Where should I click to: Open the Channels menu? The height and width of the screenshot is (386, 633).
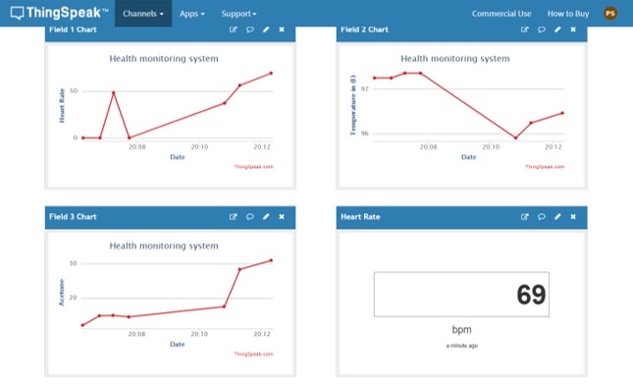pyautogui.click(x=142, y=14)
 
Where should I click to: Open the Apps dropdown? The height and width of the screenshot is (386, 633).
pyautogui.click(x=191, y=14)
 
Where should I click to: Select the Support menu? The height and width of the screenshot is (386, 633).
pyautogui.click(x=238, y=14)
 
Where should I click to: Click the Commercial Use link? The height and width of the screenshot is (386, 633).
pyautogui.click(x=501, y=14)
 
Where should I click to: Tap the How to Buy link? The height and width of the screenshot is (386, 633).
pyautogui.click(x=568, y=14)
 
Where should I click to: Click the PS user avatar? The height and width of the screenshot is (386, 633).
pyautogui.click(x=610, y=14)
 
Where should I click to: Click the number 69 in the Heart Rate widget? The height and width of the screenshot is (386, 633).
pyautogui.click(x=531, y=295)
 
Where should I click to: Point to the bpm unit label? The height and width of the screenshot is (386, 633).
pyautogui.click(x=461, y=330)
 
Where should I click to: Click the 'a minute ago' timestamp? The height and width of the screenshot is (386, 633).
pyautogui.click(x=461, y=345)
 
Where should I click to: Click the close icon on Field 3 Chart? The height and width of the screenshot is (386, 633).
pyautogui.click(x=282, y=216)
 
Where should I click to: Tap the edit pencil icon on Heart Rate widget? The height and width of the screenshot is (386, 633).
pyautogui.click(x=557, y=216)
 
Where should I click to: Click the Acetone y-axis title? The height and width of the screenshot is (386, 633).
pyautogui.click(x=62, y=293)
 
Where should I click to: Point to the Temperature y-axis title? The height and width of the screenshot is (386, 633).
pyautogui.click(x=352, y=105)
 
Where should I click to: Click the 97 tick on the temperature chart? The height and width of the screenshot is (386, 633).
pyautogui.click(x=365, y=88)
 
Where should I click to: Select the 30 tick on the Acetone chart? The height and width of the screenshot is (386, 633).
pyautogui.click(x=72, y=263)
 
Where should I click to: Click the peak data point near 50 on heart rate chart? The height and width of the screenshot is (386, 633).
pyautogui.click(x=114, y=92)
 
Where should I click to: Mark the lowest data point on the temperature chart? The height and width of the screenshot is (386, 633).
pyautogui.click(x=515, y=138)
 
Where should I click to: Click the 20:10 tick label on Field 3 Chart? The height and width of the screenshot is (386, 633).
pyautogui.click(x=199, y=334)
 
